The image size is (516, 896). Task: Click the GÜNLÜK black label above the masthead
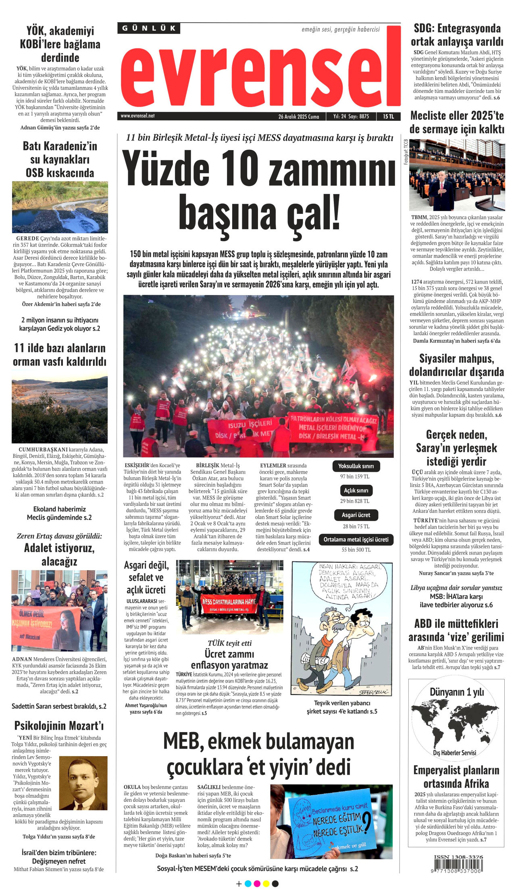pos(149,28)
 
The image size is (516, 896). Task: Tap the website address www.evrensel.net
pos(137,116)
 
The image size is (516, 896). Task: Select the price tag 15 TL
pos(388,116)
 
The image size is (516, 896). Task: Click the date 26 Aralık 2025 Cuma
pos(298,116)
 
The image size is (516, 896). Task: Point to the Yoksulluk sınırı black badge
pos(356,466)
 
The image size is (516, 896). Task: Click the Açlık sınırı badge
pos(356,490)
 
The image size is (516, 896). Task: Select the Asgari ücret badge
pos(356,515)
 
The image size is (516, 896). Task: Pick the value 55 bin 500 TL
pos(356,550)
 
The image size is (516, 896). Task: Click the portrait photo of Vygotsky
pos(83,783)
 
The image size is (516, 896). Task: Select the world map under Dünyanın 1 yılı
pos(456,723)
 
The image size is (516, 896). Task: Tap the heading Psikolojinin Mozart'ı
pos(59,726)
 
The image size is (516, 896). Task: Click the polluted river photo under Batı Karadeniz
pos(60,207)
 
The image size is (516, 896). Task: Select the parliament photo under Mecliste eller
pos(457,175)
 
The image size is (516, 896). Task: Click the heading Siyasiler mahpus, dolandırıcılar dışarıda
pos(456,365)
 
